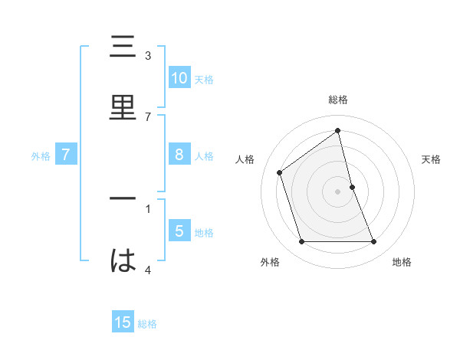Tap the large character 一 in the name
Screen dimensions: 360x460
tap(123, 200)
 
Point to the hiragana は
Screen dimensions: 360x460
tap(123, 261)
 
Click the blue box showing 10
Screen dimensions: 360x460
tap(179, 77)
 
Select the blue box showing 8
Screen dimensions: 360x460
tap(179, 155)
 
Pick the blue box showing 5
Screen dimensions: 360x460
tap(179, 231)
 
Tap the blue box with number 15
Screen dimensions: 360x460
tap(123, 322)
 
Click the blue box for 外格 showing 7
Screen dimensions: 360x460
tap(66, 155)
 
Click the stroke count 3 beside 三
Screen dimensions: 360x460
tap(148, 55)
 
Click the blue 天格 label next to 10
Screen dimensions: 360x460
tap(204, 79)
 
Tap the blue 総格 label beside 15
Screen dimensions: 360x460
tap(147, 324)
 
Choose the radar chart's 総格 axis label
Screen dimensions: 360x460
tap(338, 100)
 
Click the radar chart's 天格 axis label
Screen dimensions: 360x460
tap(432, 159)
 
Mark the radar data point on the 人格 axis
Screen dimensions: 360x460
tap(280, 172)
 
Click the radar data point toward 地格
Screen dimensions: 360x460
tap(374, 242)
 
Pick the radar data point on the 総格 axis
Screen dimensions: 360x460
tap(338, 131)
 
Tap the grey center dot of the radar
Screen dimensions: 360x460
tap(338, 191)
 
